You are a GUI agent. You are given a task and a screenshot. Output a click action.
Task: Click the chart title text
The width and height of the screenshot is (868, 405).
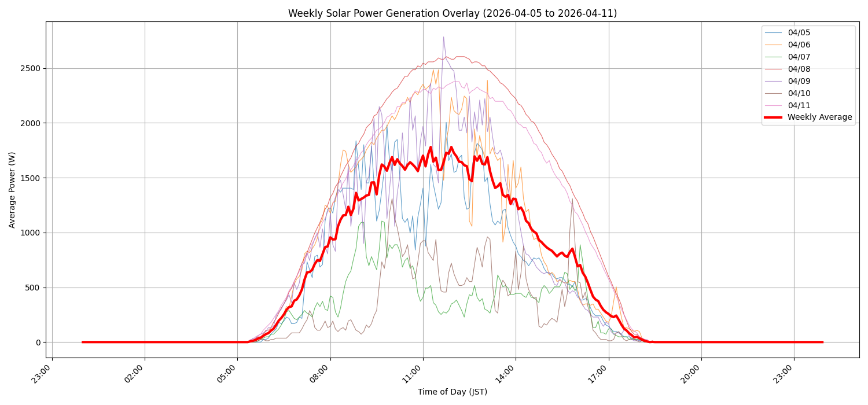453,13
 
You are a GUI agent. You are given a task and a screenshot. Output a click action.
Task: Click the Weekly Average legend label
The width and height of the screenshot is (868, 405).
819,117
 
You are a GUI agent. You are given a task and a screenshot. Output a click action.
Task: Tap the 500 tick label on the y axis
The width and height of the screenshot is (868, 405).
33,288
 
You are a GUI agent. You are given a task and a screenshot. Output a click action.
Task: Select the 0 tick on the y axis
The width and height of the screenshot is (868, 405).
38,343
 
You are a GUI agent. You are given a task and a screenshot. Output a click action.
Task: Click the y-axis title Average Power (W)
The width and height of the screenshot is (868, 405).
12,190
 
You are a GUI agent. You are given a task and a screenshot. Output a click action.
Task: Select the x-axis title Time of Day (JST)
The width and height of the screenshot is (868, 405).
453,392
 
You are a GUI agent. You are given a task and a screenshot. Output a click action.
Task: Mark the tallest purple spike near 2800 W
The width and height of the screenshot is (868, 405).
444,38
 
